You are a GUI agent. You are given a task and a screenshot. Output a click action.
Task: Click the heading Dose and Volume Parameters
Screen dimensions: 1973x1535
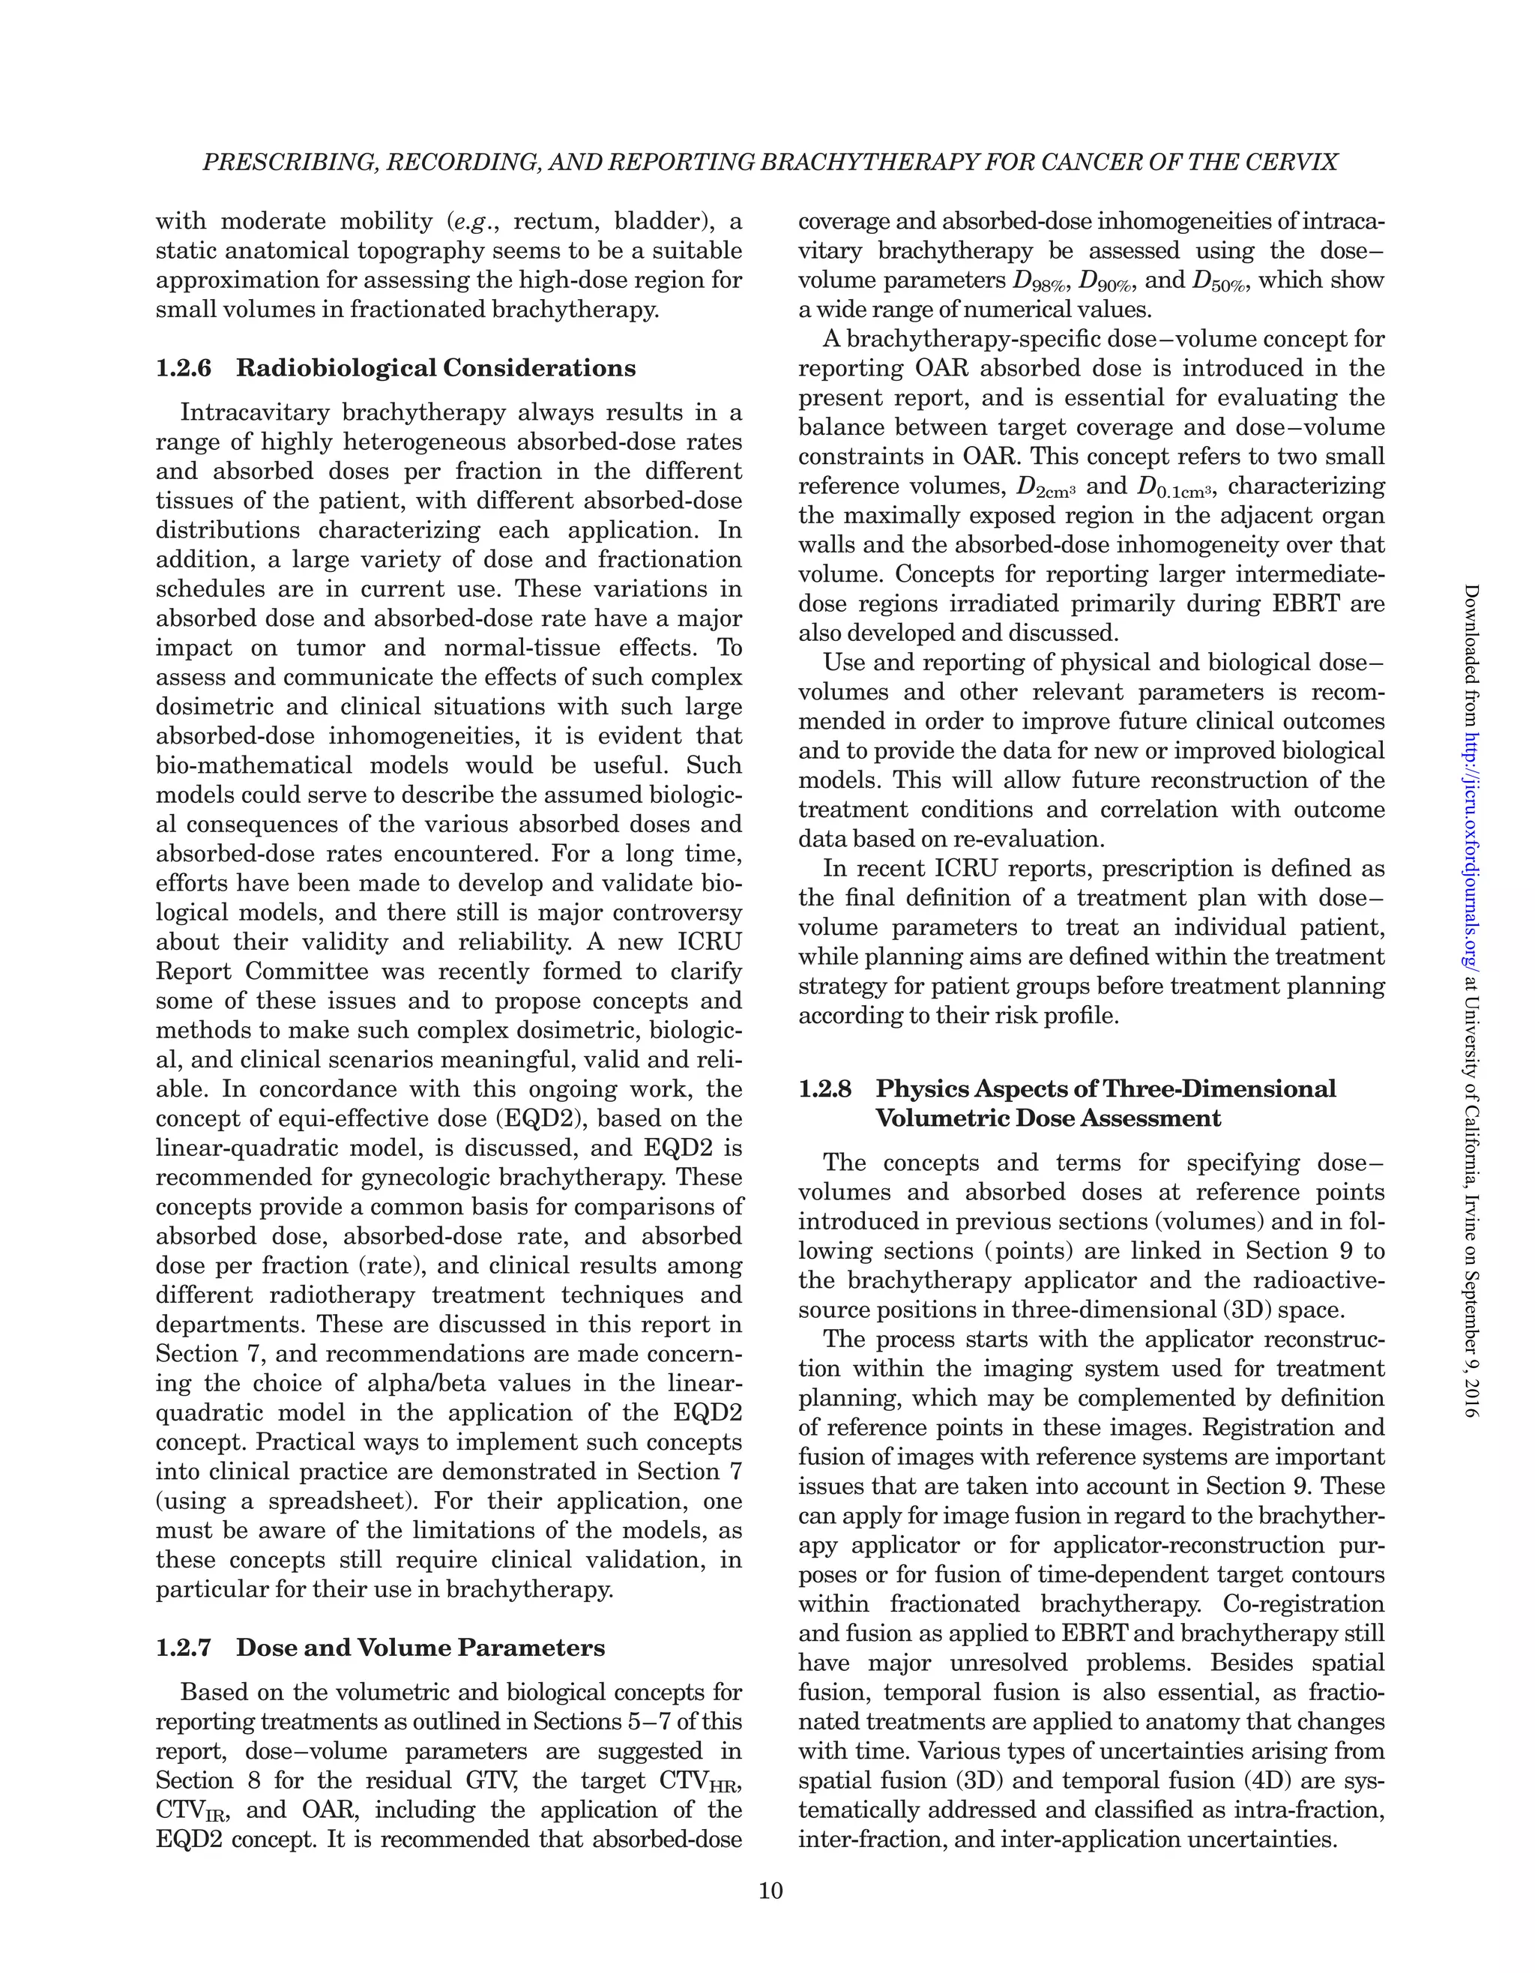(420, 1648)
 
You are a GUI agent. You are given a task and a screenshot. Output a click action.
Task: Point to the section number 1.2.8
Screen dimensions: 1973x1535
(826, 1088)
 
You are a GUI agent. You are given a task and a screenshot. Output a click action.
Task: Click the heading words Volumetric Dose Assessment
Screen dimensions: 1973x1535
(1048, 1118)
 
